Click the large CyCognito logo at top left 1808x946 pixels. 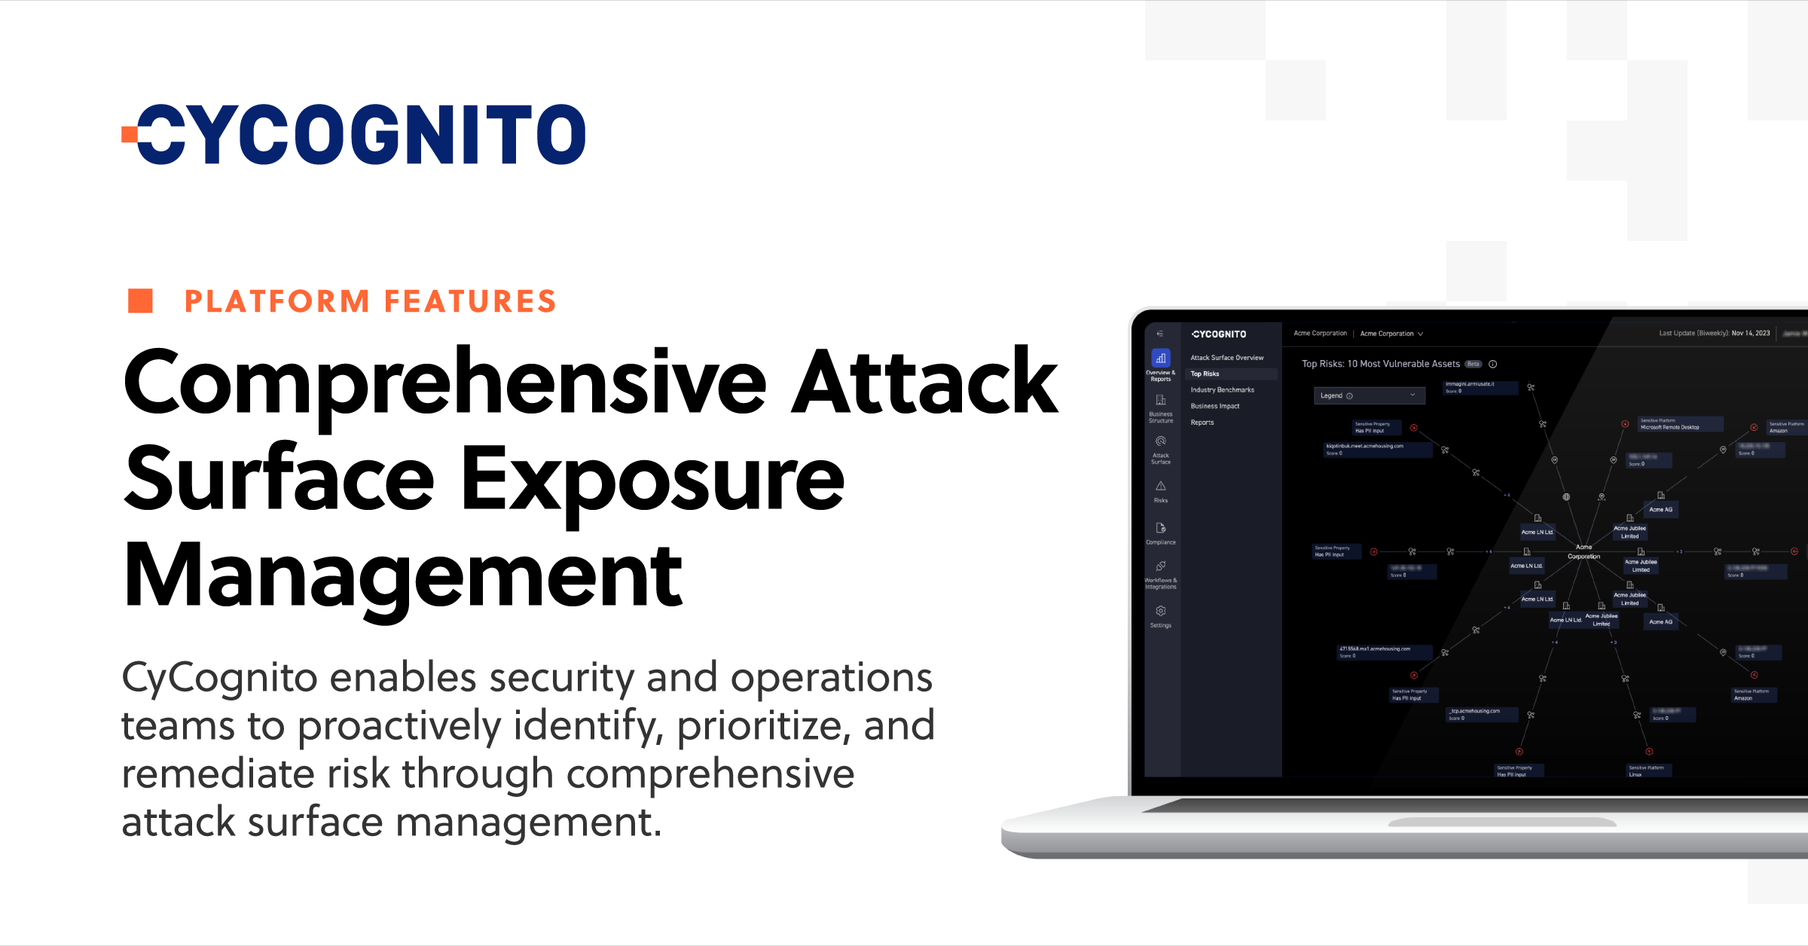(354, 134)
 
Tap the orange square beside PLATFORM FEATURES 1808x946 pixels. (140, 301)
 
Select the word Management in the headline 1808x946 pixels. (403, 576)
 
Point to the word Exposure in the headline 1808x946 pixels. (652, 480)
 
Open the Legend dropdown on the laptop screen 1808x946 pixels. (1369, 395)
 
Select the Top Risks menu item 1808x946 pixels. (1205, 374)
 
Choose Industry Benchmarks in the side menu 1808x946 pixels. (1222, 390)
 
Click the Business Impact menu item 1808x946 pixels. (1214, 406)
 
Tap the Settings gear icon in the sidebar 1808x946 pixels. (1161, 612)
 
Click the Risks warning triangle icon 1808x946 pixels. (1161, 487)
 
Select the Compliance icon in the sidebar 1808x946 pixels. (1161, 529)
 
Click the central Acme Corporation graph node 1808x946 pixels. (1584, 551)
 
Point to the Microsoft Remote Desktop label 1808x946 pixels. (1669, 427)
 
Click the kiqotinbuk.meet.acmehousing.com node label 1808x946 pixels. (1365, 446)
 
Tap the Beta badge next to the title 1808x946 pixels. (1473, 364)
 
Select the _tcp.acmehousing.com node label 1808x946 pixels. (1475, 711)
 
